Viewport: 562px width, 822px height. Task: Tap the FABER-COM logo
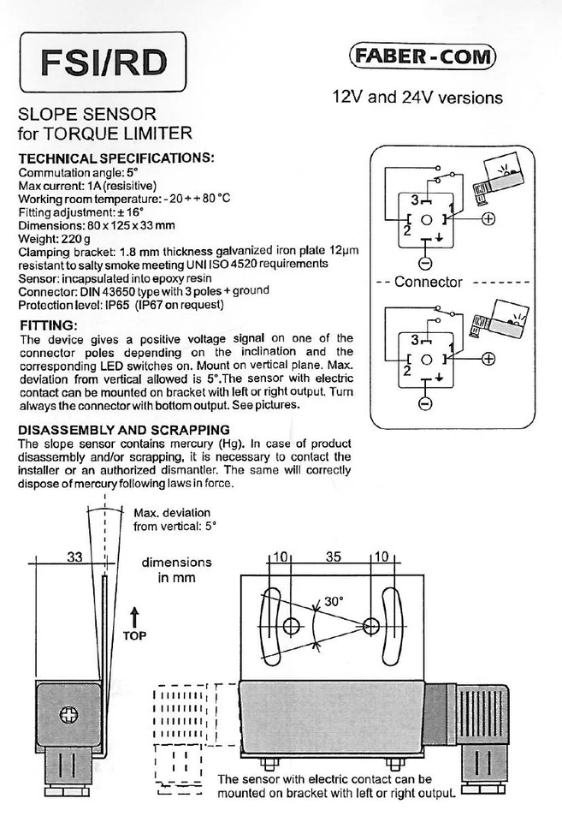[423, 57]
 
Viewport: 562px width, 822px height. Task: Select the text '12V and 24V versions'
[417, 97]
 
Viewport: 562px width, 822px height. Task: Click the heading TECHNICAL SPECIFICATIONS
[115, 158]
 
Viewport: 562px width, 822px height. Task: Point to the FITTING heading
[48, 325]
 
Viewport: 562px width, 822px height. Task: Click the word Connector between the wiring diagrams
[428, 282]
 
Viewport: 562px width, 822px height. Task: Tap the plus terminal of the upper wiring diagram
[488, 218]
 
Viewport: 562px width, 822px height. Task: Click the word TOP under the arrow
[134, 636]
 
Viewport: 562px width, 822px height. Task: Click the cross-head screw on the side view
[70, 713]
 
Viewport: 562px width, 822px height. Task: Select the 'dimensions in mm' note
[176, 570]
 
